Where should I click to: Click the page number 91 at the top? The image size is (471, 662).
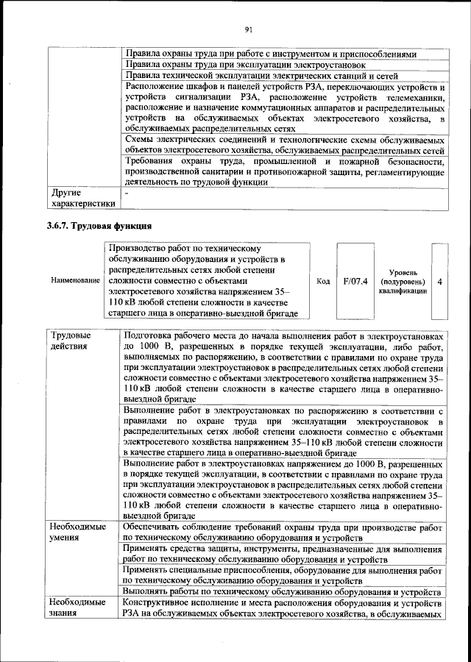click(249, 29)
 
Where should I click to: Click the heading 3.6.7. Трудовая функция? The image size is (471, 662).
click(99, 225)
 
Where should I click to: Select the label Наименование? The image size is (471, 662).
click(75, 281)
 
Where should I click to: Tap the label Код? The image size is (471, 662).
click(322, 281)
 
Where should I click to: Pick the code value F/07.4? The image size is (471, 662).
click(355, 281)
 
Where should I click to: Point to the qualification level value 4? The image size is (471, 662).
click(439, 281)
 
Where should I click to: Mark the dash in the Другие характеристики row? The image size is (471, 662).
click(127, 192)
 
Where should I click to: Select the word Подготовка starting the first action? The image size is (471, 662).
click(152, 335)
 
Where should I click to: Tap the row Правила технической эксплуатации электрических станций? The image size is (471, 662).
click(261, 75)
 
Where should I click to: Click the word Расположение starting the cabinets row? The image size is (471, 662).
click(157, 87)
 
